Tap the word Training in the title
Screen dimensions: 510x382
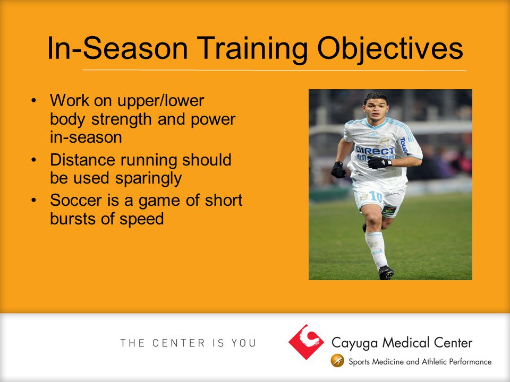[x=252, y=49]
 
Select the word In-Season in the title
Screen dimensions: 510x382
[x=117, y=48]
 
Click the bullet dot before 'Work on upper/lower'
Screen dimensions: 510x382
[x=33, y=100]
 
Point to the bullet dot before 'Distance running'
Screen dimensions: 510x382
[x=33, y=160]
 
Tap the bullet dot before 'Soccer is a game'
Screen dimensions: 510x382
[x=33, y=200]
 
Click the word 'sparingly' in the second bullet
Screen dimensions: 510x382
[x=148, y=179]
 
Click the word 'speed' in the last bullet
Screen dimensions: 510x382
[x=141, y=218]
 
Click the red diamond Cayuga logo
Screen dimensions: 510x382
[x=306, y=342]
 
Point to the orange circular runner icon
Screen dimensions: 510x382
[x=337, y=361]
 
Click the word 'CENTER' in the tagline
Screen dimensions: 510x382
[x=179, y=343]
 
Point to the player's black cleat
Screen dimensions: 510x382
[x=386, y=273]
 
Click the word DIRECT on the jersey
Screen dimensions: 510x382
[x=375, y=150]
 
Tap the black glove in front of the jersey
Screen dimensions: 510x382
[x=379, y=162]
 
